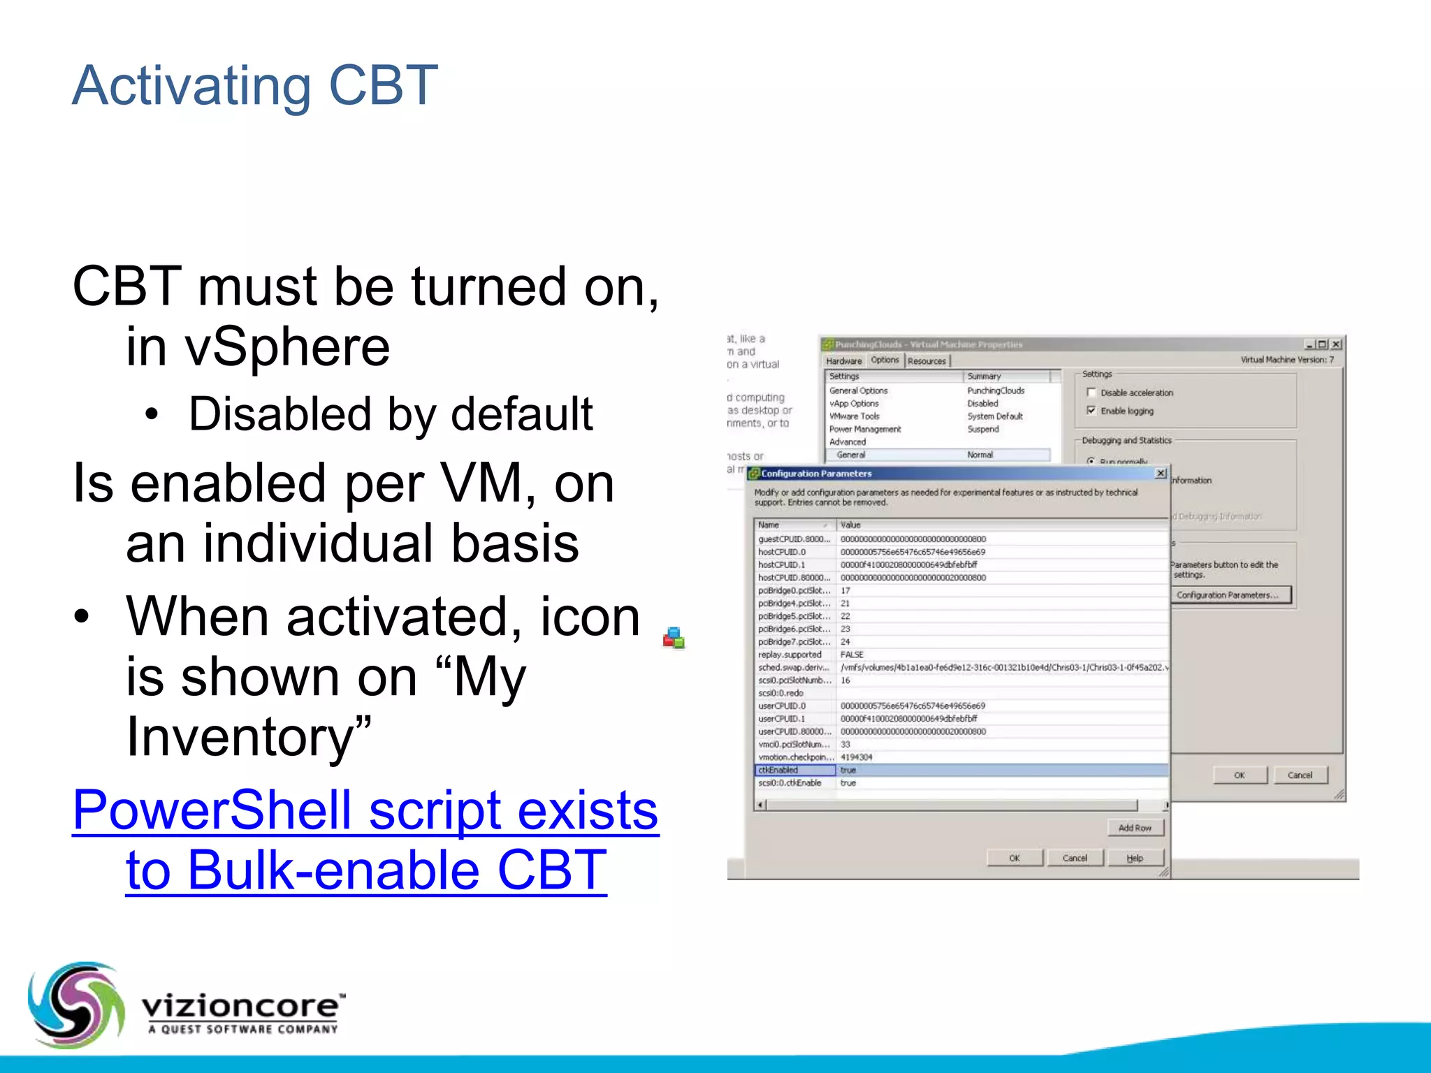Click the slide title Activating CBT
255,86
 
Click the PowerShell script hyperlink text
365,840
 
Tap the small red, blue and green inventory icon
674,638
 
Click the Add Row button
1135,828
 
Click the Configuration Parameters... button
1230,595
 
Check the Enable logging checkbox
1091,411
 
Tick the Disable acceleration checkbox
1091,393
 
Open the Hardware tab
844,361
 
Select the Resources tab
927,361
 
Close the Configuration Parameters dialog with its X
1161,474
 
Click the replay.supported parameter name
790,655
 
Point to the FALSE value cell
852,655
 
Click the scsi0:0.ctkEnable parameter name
790,783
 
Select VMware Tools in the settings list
855,416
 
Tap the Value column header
851,525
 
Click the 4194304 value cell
857,757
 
